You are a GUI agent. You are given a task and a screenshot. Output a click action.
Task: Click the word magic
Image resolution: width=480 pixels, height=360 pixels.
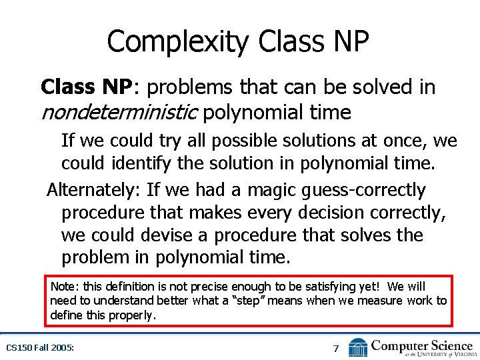click(271, 190)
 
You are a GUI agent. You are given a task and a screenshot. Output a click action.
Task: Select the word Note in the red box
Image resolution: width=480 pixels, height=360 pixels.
click(64, 287)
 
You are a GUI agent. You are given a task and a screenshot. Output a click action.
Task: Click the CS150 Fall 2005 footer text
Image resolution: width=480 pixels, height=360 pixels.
click(40, 347)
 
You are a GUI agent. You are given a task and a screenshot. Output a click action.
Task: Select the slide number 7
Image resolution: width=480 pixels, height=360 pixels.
click(336, 347)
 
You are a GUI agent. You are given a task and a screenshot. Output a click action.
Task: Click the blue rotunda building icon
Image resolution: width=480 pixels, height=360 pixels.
click(358, 347)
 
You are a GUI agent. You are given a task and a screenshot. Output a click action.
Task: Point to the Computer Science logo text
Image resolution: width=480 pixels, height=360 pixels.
click(422, 345)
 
